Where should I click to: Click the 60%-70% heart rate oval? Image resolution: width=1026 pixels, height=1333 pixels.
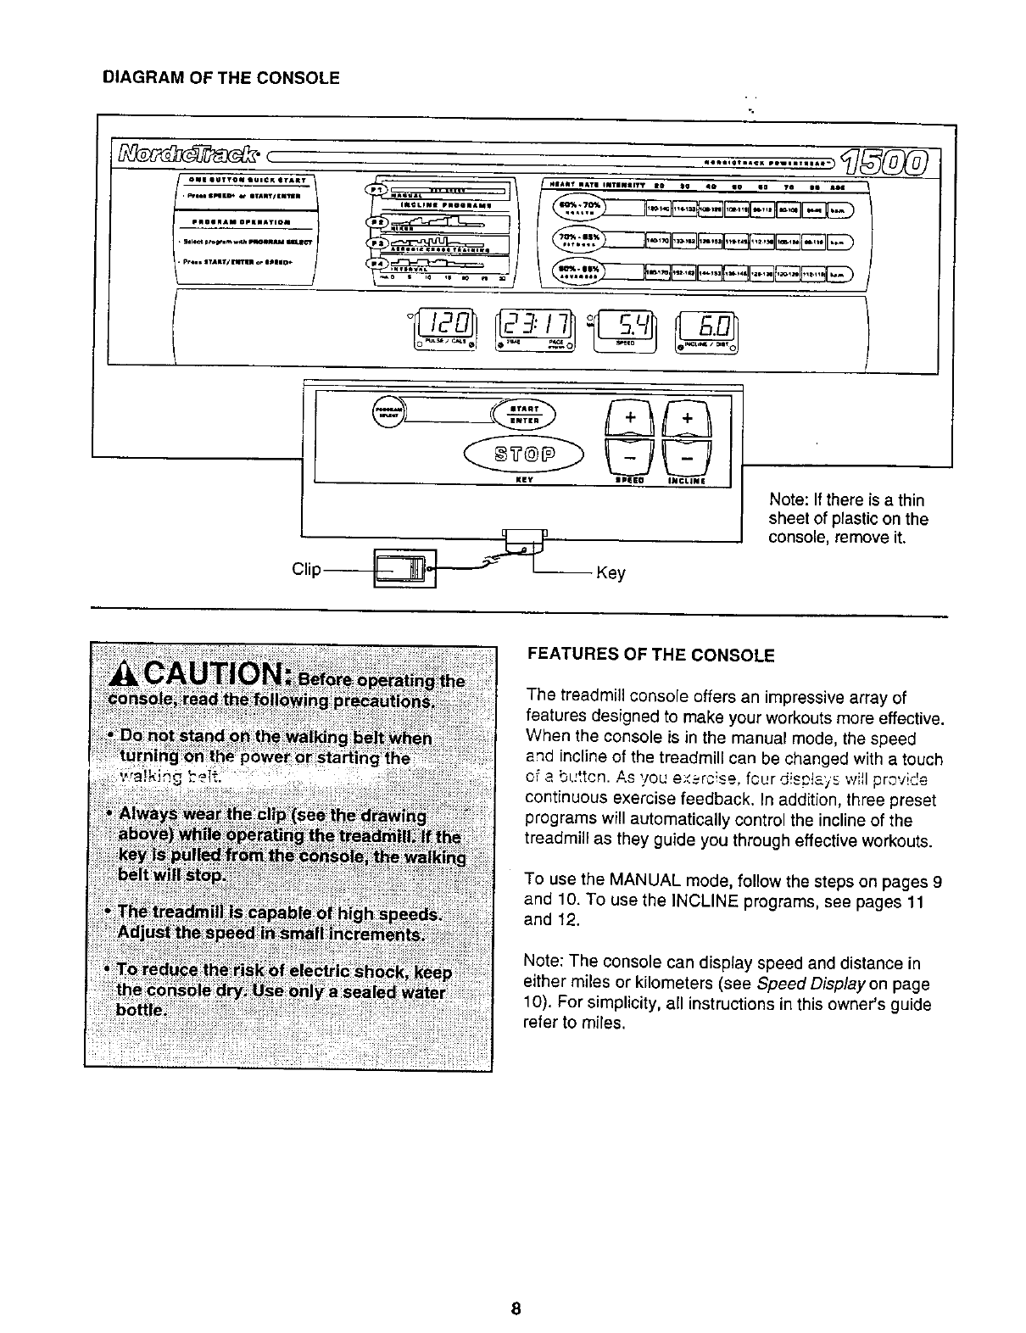point(577,208)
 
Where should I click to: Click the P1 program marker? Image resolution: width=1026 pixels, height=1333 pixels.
point(374,189)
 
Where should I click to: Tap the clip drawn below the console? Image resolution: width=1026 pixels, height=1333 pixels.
point(404,567)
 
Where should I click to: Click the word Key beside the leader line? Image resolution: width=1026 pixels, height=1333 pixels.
point(611,573)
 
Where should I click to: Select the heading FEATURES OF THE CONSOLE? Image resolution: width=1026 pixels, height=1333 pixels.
point(650,655)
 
